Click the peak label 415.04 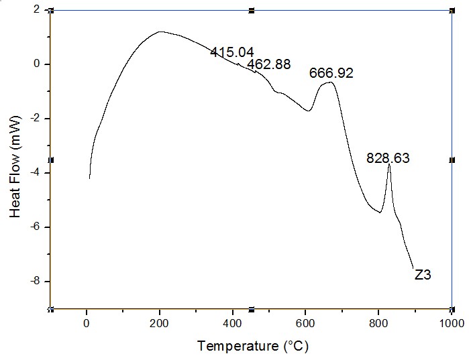[231, 52]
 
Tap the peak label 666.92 [331, 73]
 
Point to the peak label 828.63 [387, 159]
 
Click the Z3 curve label [423, 274]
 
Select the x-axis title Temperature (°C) [253, 346]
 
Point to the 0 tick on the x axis [87, 323]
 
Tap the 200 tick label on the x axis [160, 323]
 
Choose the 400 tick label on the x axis [233, 323]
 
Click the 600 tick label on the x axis [305, 323]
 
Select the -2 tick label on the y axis [34, 119]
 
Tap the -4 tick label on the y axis [34, 173]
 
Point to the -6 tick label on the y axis [34, 227]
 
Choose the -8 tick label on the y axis [34, 281]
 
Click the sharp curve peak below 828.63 [389, 165]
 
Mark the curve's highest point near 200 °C [160, 32]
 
